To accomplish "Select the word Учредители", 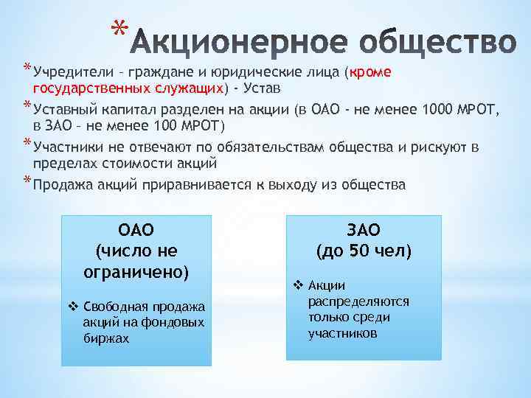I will click(67, 73).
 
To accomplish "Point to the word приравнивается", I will click(200, 185).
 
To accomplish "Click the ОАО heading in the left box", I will click(136, 229).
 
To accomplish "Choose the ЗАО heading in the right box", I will click(364, 229).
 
